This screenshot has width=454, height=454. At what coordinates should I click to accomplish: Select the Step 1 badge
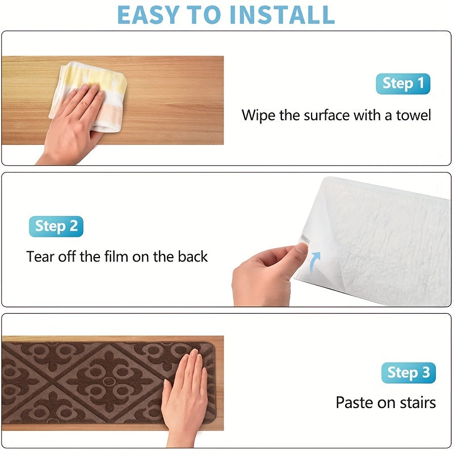pyautogui.click(x=403, y=84)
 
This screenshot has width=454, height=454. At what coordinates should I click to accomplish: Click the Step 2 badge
pyautogui.click(x=56, y=226)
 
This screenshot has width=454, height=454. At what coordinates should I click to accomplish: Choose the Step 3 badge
pyautogui.click(x=409, y=373)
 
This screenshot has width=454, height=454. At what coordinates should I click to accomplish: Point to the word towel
pyautogui.click(x=413, y=116)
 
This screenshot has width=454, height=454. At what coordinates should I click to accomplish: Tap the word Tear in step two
pyautogui.click(x=39, y=257)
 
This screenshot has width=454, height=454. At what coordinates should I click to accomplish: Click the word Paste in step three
pyautogui.click(x=354, y=403)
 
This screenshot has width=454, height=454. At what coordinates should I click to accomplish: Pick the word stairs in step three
pyautogui.click(x=417, y=403)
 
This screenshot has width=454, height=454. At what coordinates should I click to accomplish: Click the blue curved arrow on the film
pyautogui.click(x=314, y=262)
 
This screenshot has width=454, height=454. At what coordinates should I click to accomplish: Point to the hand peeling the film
pyautogui.click(x=264, y=275)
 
